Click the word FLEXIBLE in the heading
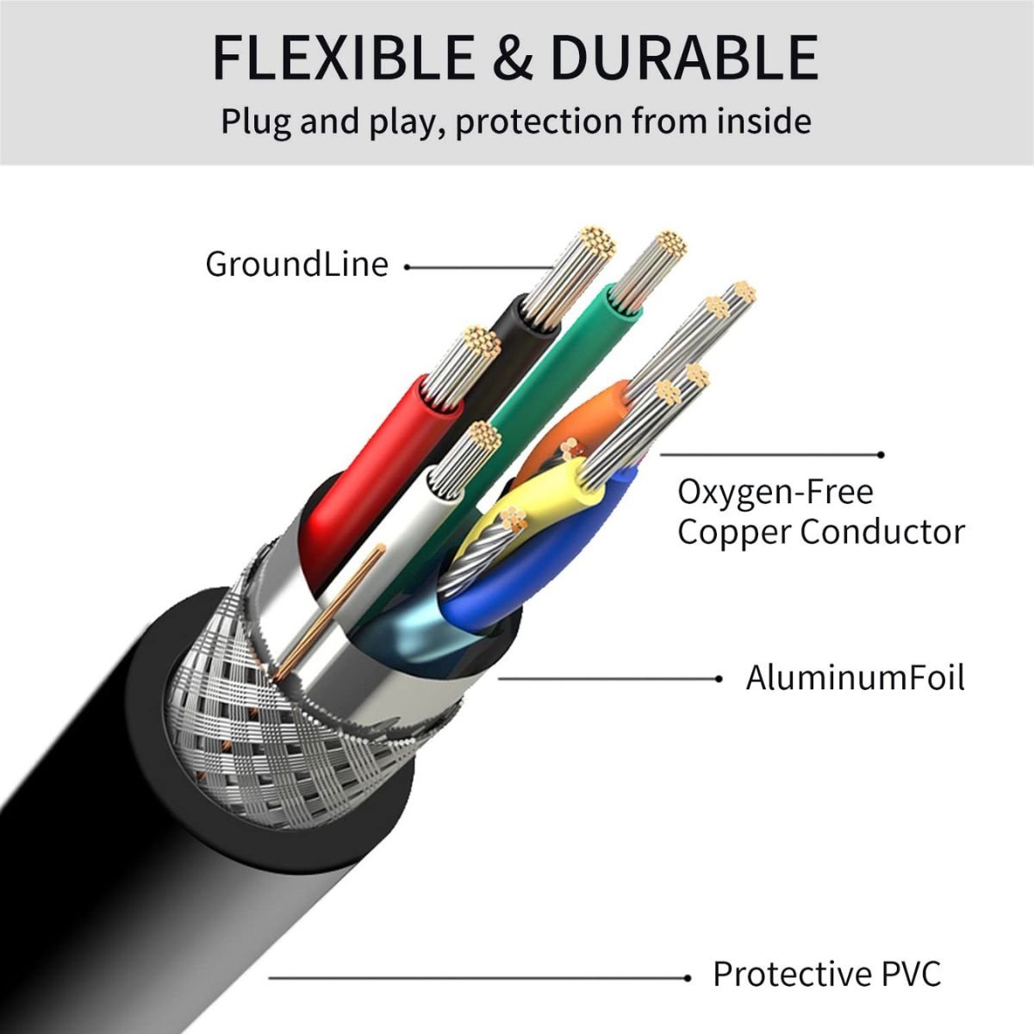(x=342, y=58)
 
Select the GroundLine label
(x=296, y=264)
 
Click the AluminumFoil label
(x=855, y=677)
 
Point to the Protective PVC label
(x=826, y=975)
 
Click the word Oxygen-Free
(x=775, y=492)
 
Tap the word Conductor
(x=881, y=532)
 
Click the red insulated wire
(x=362, y=465)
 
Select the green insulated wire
(x=551, y=362)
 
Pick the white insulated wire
(x=405, y=534)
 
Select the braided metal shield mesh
(x=258, y=707)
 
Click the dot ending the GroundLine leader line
(x=407, y=267)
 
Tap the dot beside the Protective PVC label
(x=688, y=977)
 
